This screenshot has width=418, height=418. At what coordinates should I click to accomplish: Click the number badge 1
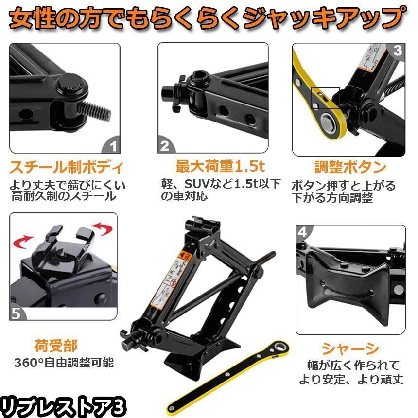(x=113, y=146)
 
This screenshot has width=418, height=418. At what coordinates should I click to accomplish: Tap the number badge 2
(x=165, y=146)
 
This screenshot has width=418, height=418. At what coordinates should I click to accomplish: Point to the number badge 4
(x=302, y=232)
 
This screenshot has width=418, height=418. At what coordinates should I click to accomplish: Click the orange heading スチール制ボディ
(x=66, y=168)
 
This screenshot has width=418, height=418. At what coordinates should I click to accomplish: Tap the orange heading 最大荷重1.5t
(x=220, y=167)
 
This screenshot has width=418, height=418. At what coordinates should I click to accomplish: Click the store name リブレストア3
(x=63, y=404)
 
